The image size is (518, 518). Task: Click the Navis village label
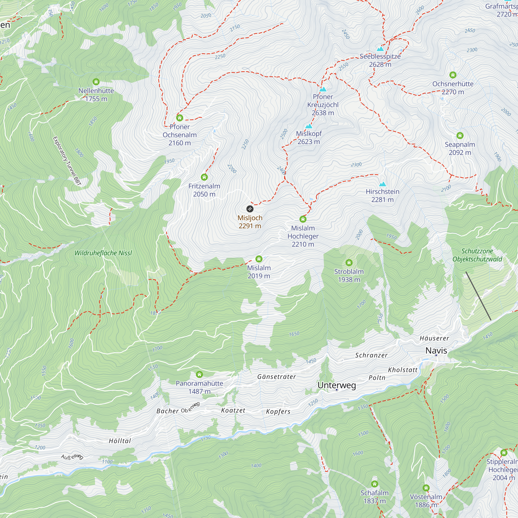click(436, 350)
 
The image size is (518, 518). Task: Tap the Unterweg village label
click(336, 385)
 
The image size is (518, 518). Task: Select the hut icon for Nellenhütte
click(96, 82)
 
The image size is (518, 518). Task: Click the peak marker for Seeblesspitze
click(380, 49)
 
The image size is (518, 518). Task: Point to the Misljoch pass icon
click(250, 209)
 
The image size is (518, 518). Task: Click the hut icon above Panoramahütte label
click(199, 374)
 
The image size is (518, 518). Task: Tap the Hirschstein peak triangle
click(383, 184)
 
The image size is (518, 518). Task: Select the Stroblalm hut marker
click(349, 262)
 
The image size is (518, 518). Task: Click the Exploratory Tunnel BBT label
click(67, 161)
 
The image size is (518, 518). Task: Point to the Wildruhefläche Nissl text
click(103, 253)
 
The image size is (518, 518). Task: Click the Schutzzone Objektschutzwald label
click(477, 255)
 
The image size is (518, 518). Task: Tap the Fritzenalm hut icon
click(204, 177)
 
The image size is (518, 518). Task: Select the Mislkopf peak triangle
click(309, 126)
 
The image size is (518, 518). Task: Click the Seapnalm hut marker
click(460, 135)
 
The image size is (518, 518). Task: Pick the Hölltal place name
click(120, 441)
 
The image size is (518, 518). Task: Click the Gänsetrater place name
click(276, 377)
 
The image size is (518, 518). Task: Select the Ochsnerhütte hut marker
click(453, 75)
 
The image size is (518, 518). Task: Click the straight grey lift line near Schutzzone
click(478, 296)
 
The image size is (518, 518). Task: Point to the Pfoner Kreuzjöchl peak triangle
click(323, 89)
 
